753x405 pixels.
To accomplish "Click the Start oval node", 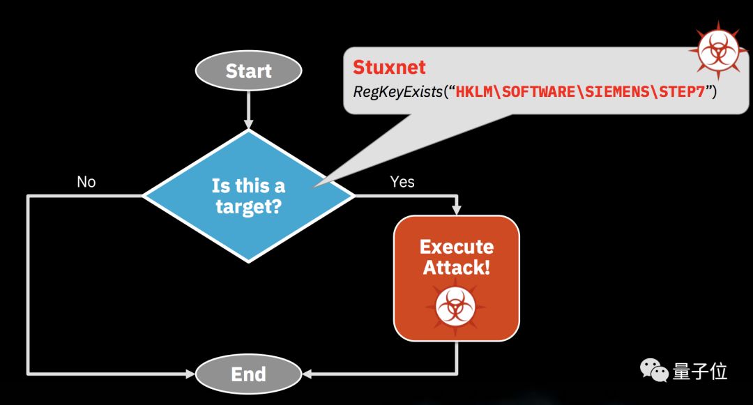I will pyautogui.click(x=248, y=71).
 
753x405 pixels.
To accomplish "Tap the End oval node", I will pyautogui.click(x=248, y=374).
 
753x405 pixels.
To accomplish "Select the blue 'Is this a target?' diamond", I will pyautogui.click(x=249, y=196).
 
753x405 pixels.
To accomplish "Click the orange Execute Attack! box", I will pyautogui.click(x=457, y=277).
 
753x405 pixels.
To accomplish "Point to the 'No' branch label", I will pyautogui.click(x=86, y=182).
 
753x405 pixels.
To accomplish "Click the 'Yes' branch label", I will pyautogui.click(x=402, y=182).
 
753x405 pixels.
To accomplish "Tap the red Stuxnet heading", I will pyautogui.click(x=389, y=68).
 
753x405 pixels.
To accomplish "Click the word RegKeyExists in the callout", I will pyautogui.click(x=397, y=91).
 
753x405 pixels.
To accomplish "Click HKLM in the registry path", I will pyautogui.click(x=473, y=91).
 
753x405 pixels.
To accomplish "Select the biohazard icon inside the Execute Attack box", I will pyautogui.click(x=456, y=307).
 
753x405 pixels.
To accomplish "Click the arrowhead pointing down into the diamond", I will pyautogui.click(x=248, y=123).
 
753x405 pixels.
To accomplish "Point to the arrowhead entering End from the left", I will pyautogui.click(x=190, y=374).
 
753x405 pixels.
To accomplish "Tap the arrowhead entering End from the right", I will pyautogui.click(x=307, y=374).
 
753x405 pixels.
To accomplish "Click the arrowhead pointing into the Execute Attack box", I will pyautogui.click(x=457, y=209).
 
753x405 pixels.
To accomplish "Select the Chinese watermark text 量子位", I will pyautogui.click(x=700, y=372).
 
